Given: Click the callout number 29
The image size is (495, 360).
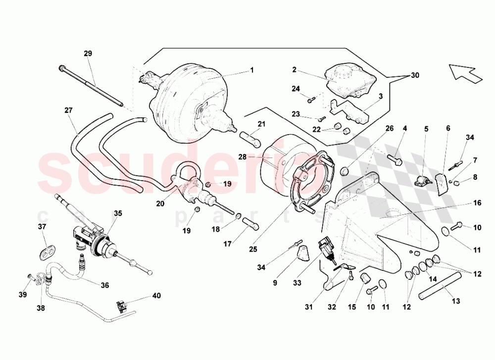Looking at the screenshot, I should (x=88, y=53).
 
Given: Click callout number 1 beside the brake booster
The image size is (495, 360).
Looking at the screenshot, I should (x=251, y=70).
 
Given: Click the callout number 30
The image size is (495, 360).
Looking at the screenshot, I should (x=414, y=75).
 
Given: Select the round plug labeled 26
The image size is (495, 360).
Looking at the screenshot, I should (x=345, y=171).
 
